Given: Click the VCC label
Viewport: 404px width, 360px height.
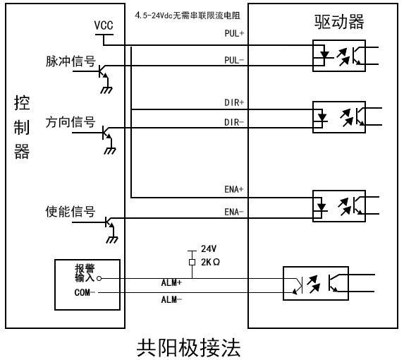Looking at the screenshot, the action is (104, 25).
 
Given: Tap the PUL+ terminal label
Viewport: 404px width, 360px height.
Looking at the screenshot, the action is (234, 33).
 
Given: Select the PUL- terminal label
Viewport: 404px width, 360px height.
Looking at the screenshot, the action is (234, 60).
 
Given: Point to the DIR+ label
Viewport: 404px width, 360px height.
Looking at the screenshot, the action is (234, 102).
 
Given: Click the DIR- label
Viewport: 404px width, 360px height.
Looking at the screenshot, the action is (234, 122).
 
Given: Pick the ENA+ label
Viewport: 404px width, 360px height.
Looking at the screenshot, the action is (234, 189).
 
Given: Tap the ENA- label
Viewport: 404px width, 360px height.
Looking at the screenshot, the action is (234, 212).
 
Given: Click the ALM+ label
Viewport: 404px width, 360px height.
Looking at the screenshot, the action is (171, 282).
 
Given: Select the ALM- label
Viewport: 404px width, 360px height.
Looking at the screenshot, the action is (171, 300).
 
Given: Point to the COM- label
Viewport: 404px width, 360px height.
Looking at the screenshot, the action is (85, 292).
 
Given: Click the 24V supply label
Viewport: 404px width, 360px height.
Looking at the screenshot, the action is (209, 249).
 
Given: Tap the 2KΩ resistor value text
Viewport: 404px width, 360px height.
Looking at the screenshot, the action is (211, 263).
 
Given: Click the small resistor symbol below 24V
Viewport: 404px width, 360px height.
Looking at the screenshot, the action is (192, 263).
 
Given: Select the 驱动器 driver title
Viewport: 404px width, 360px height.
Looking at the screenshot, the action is (339, 22).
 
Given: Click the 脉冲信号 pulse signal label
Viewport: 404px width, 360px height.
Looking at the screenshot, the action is (71, 61).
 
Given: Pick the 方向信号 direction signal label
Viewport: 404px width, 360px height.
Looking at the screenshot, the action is (71, 121).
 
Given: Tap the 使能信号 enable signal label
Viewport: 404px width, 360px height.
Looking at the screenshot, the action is (71, 212).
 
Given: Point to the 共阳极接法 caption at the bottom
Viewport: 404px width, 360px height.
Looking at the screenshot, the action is (188, 347).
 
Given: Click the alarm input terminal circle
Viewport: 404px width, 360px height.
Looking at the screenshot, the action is (99, 279).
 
